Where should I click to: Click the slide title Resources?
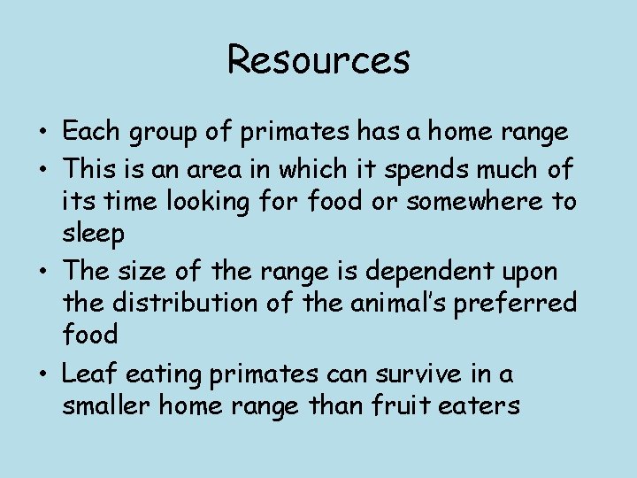click(318, 59)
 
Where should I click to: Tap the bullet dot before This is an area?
click(42, 168)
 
